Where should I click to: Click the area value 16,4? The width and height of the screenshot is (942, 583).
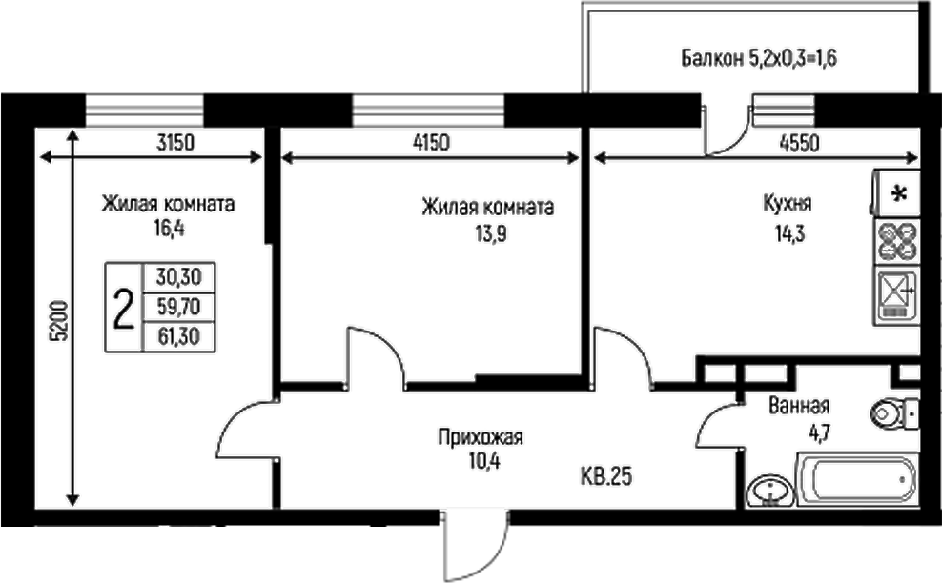point(170,229)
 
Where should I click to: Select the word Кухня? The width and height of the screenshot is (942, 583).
point(787,203)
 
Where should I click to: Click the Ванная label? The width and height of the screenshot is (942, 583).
point(799,404)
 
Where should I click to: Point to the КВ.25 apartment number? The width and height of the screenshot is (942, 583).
point(606,475)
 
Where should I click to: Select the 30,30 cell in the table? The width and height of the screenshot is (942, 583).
point(178,278)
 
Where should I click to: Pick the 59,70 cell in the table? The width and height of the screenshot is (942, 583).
point(178,307)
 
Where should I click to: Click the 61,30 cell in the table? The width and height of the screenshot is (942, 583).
point(178,335)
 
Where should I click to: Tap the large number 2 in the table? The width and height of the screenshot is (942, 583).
point(123,308)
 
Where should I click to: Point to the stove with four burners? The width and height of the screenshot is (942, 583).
point(897,241)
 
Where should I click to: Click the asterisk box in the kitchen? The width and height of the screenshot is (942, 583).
point(897,193)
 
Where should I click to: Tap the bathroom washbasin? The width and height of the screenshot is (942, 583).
point(769,492)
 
